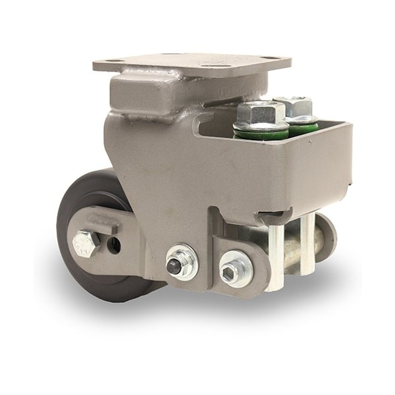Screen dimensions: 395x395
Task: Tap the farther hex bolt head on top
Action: pyautogui.click(x=293, y=105)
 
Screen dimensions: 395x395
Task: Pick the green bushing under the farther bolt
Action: pyautogui.click(x=303, y=128)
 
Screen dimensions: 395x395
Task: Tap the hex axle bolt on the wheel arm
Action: pyautogui.click(x=86, y=244)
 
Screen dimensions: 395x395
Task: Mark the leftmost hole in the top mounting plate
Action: pyautogui.click(x=112, y=62)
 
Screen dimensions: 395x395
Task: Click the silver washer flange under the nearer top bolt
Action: pyautogui.click(x=261, y=126)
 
